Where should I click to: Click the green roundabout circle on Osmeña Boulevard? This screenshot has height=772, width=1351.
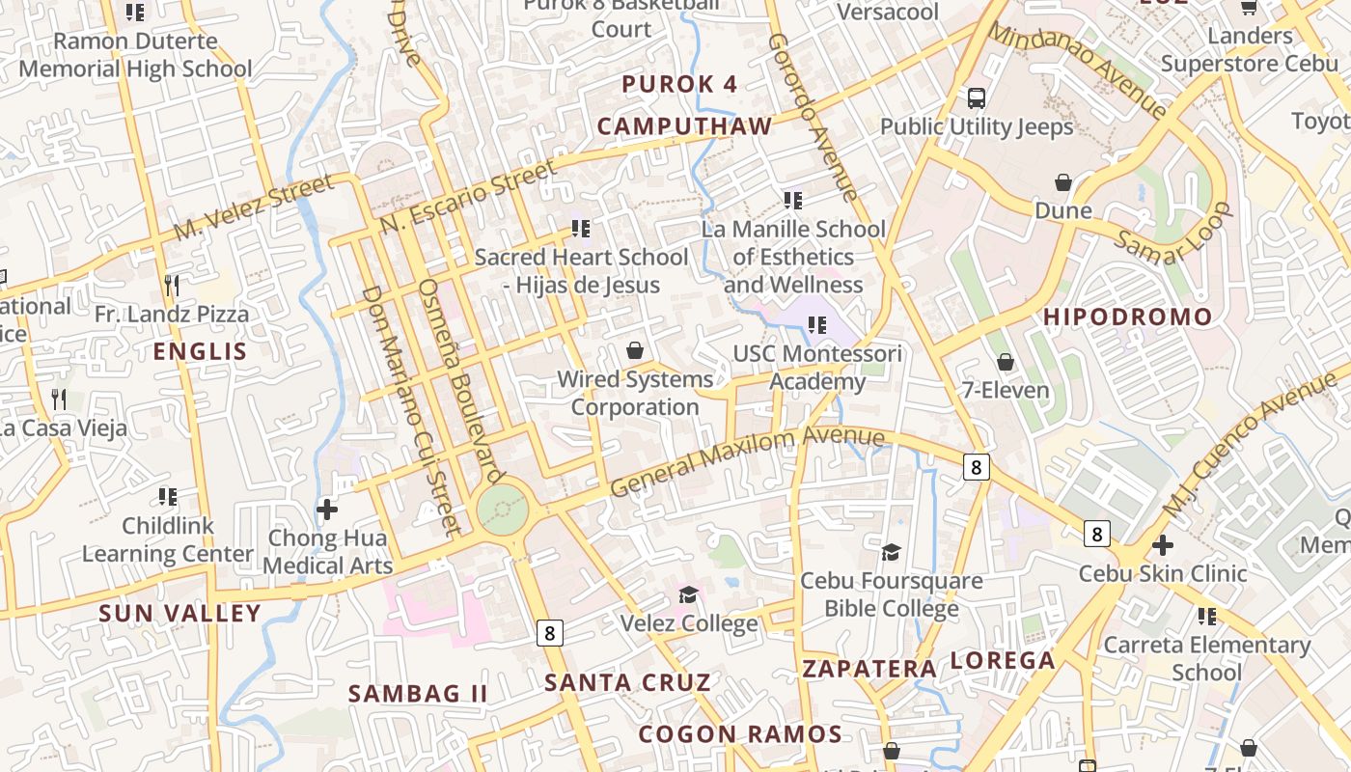[x=502, y=509]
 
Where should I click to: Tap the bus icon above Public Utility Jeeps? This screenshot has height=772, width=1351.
[x=977, y=97]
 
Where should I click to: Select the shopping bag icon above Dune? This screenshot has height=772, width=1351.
[x=1063, y=182]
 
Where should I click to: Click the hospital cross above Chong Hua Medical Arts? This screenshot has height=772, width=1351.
[x=327, y=509]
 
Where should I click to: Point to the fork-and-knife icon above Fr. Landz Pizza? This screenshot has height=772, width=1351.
[x=172, y=285]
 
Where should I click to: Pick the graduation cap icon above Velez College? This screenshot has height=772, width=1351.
[x=688, y=593]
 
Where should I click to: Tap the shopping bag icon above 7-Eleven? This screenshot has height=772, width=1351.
[x=1006, y=362]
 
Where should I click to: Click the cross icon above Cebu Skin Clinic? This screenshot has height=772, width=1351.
[x=1163, y=544]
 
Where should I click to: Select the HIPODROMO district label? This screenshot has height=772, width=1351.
[x=1127, y=317]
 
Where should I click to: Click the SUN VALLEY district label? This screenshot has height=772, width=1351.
[x=179, y=613]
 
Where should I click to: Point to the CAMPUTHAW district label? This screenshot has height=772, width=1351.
[x=684, y=126]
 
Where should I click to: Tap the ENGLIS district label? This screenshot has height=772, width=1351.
[x=200, y=351]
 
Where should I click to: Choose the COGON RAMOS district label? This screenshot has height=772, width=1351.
[x=739, y=734]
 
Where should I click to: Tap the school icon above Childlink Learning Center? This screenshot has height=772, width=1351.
[x=168, y=497]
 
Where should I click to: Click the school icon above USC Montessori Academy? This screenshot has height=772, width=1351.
[x=817, y=325]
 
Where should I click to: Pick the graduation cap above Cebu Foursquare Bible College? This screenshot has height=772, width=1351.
[x=891, y=552]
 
